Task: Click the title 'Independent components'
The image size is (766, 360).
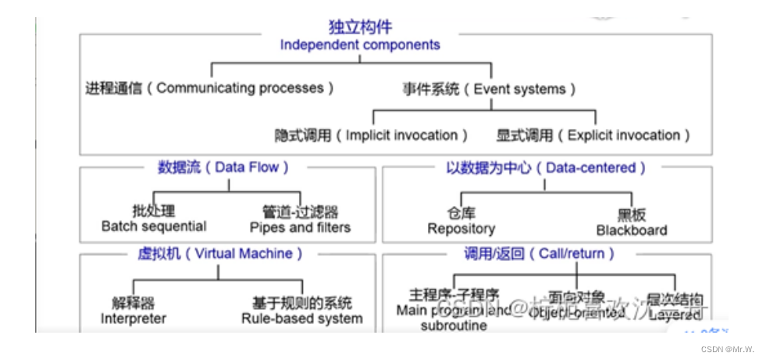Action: tap(360, 45)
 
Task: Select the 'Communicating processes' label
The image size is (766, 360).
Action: tap(209, 88)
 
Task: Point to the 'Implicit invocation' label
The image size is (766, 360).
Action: tap(372, 135)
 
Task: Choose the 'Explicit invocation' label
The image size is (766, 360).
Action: tap(593, 135)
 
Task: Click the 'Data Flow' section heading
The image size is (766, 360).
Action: tap(223, 166)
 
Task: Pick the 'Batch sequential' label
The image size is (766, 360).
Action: tap(154, 226)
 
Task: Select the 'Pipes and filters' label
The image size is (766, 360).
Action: tap(300, 227)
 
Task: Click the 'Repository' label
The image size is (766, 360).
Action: tap(461, 229)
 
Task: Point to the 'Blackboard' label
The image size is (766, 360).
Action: tap(632, 230)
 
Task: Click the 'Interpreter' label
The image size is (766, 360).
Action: tap(133, 319)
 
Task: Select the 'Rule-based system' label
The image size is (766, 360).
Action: tap(301, 319)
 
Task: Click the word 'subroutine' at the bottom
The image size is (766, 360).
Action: tap(454, 326)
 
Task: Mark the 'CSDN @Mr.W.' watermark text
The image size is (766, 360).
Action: tap(729, 349)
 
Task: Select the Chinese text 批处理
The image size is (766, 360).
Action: tap(154, 212)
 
